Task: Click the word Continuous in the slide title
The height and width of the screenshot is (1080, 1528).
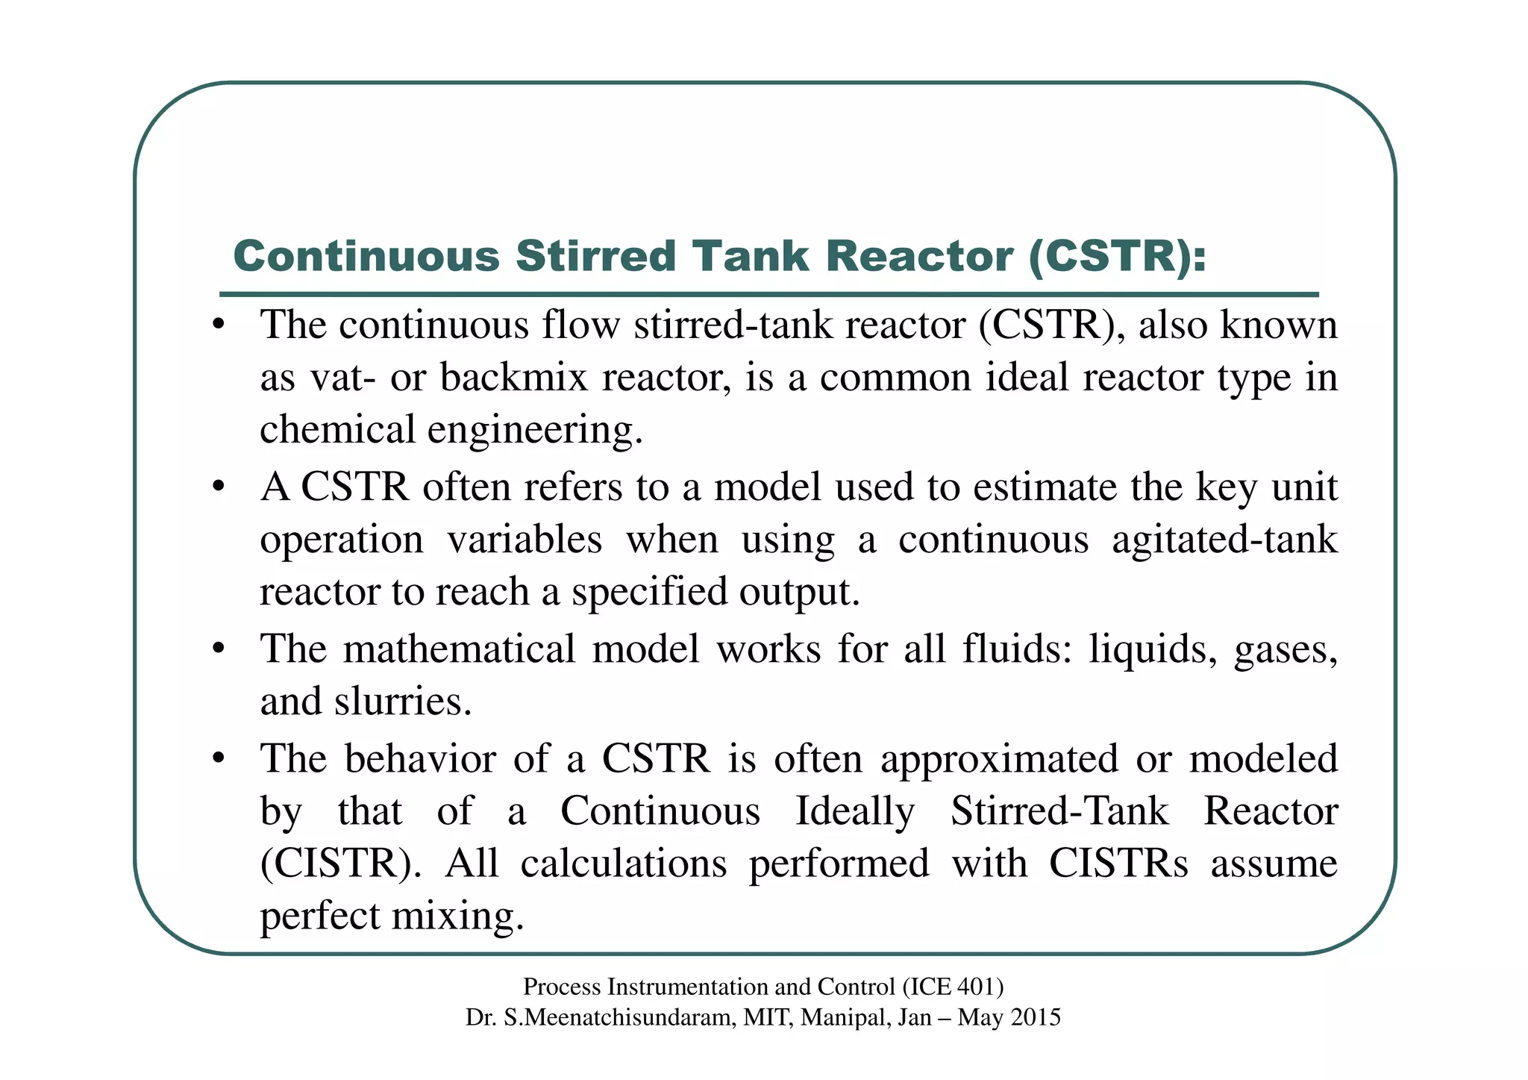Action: (x=366, y=257)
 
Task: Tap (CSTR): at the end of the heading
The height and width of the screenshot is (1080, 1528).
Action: (x=1117, y=257)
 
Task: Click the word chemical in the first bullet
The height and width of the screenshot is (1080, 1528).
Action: (x=337, y=430)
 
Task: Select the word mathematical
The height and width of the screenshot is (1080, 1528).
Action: (x=459, y=648)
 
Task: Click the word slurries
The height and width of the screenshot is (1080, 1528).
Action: (x=403, y=702)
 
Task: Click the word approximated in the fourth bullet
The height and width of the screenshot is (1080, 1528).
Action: (x=1000, y=759)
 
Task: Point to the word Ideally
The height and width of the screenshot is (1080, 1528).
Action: (x=855, y=812)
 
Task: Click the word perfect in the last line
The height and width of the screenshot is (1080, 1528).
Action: (x=320, y=917)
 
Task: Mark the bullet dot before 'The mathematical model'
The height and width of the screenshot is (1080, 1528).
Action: (x=218, y=649)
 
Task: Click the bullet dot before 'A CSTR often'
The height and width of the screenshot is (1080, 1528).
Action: (x=218, y=487)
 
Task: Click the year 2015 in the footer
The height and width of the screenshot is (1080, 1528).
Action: (x=1035, y=1017)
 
